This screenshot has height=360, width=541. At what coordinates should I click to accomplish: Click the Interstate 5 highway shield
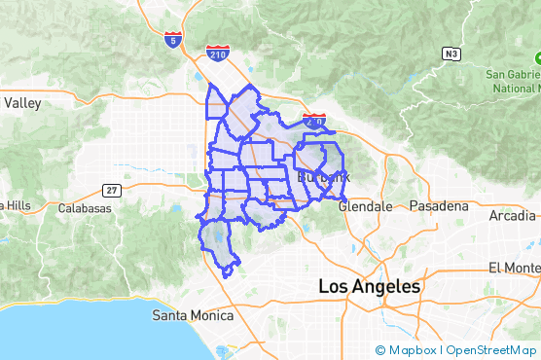point(173,41)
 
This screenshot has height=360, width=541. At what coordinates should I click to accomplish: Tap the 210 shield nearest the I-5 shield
point(218,54)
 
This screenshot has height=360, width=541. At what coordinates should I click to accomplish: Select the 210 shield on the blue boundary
point(314,122)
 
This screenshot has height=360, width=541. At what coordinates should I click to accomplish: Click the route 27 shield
point(112,189)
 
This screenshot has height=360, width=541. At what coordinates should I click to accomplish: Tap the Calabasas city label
point(85,208)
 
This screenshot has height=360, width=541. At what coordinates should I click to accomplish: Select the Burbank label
point(322,177)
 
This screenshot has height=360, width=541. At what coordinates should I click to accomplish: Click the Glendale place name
point(365,206)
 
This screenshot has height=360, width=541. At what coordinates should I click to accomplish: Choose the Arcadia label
point(512,215)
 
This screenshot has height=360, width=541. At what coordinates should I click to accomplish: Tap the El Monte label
point(514,268)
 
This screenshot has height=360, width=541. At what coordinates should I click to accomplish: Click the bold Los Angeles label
point(370,288)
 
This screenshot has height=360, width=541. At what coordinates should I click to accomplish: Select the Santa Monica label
point(194,315)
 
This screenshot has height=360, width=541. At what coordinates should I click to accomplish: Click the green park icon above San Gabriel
point(537,56)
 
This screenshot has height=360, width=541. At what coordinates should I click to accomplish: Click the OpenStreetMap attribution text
point(490,350)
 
